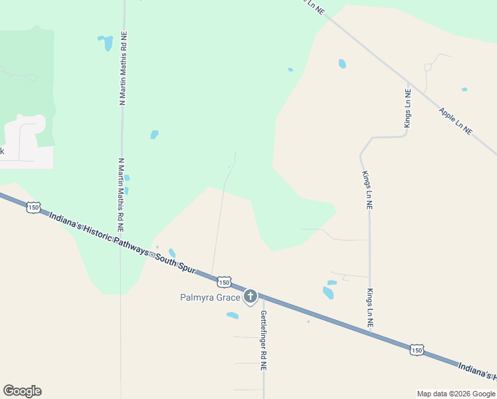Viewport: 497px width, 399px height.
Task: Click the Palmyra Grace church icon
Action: pyautogui.click(x=250, y=297)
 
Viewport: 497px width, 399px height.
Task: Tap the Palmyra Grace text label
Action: pyautogui.click(x=209, y=297)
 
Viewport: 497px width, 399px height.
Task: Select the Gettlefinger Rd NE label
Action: pyautogui.click(x=264, y=340)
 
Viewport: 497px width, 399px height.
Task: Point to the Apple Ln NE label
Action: pyautogui.click(x=455, y=121)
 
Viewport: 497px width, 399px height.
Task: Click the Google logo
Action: pyautogui.click(x=22, y=390)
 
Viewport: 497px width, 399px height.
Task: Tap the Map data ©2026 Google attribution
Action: pyautogui.click(x=455, y=394)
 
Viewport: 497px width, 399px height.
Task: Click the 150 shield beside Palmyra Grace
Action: pyautogui.click(x=225, y=281)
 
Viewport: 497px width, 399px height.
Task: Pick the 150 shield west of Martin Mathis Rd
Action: pyautogui.click(x=33, y=208)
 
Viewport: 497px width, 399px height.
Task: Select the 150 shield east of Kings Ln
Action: pyautogui.click(x=417, y=350)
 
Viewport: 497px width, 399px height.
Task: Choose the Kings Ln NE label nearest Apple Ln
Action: pyautogui.click(x=407, y=108)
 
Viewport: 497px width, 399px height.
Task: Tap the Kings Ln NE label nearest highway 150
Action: pyautogui.click(x=370, y=307)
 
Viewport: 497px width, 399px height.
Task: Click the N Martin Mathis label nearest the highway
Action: pyautogui.click(x=121, y=194)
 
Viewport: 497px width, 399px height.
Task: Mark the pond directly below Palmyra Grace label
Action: pyautogui.click(x=233, y=315)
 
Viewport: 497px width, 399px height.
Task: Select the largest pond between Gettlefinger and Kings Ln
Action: pyautogui.click(x=328, y=292)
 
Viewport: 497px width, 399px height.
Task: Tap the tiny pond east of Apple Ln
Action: pyautogui.click(x=464, y=89)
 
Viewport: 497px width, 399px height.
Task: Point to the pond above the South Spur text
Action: pyautogui.click(x=172, y=253)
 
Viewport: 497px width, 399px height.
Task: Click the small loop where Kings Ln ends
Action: pyautogui.click(x=428, y=66)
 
